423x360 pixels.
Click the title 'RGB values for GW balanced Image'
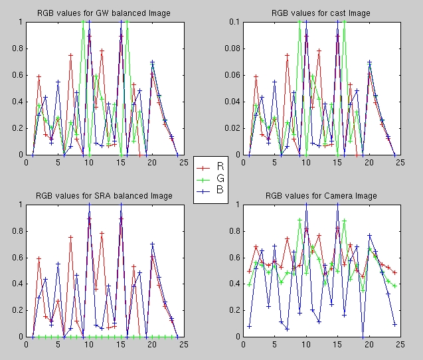pos(103,13)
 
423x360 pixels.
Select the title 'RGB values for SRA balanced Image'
pos(103,196)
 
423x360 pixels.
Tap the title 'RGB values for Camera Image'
pos(321,196)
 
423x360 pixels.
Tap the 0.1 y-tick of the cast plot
pos(232,22)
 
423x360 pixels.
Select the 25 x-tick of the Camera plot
pos(400,344)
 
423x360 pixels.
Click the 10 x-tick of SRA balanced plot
pos(89,344)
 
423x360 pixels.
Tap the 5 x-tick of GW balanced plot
pos(58,161)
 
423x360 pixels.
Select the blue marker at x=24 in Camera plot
pos(394,324)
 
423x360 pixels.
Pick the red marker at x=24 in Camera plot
pos(394,272)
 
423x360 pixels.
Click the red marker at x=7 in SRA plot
pos(70,236)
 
